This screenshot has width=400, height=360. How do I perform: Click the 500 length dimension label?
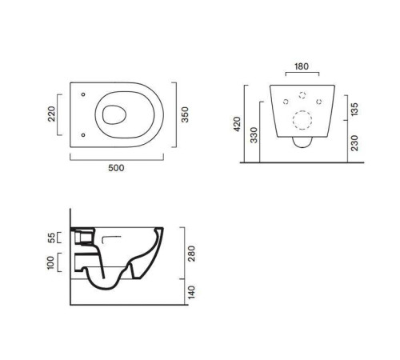[x=116, y=168]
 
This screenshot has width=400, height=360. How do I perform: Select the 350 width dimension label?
[x=185, y=114]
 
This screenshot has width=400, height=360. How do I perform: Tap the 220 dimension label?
[x=51, y=114]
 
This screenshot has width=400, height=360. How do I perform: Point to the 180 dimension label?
[x=302, y=66]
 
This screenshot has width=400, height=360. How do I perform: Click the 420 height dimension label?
[x=237, y=124]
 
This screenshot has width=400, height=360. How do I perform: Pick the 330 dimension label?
[x=254, y=135]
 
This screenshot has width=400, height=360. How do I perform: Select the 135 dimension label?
[x=354, y=110]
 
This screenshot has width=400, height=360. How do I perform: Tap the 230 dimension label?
[x=354, y=143]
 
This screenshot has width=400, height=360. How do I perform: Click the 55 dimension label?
[x=51, y=238]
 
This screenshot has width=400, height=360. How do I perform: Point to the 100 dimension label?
[x=50, y=262]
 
